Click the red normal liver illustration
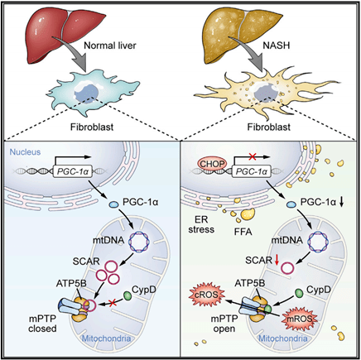63,35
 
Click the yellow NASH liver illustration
239,35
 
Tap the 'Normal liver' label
110,46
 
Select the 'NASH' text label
276,45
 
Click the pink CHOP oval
212,164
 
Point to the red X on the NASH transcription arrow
252,157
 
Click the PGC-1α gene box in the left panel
73,171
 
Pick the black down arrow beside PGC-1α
341,203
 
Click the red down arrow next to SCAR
277,260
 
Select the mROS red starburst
301,319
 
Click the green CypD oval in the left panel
128,295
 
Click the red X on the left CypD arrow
112,303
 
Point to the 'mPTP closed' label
42,324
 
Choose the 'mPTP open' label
224,324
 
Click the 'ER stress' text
201,224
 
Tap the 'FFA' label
243,232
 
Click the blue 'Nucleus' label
25,152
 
